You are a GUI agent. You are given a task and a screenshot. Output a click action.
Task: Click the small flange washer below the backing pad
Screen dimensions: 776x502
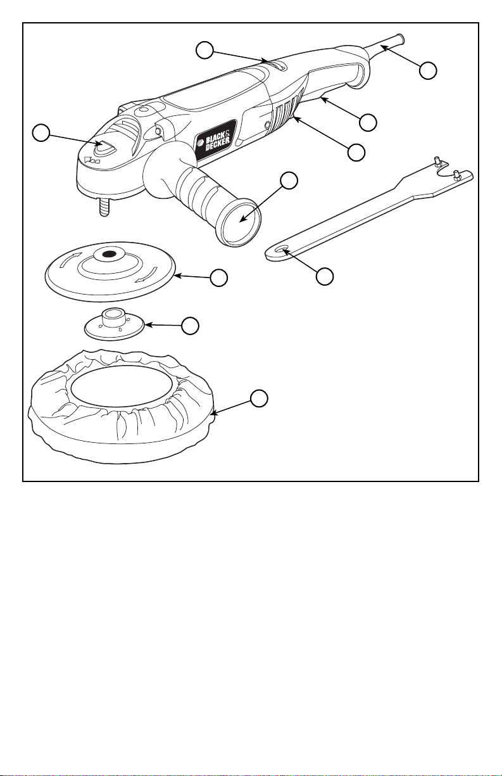116,325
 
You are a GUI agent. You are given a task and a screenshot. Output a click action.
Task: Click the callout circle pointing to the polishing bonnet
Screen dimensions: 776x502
258,398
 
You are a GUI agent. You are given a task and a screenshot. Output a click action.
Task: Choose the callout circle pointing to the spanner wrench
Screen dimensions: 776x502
325,276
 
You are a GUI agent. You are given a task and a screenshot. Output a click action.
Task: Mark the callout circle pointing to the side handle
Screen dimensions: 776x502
289,180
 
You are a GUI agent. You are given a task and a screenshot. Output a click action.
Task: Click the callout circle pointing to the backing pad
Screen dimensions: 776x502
219,277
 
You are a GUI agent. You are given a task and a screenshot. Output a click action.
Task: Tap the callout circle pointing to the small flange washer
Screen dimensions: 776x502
189,326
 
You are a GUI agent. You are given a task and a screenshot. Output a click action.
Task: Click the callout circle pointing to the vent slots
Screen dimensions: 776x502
358,151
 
